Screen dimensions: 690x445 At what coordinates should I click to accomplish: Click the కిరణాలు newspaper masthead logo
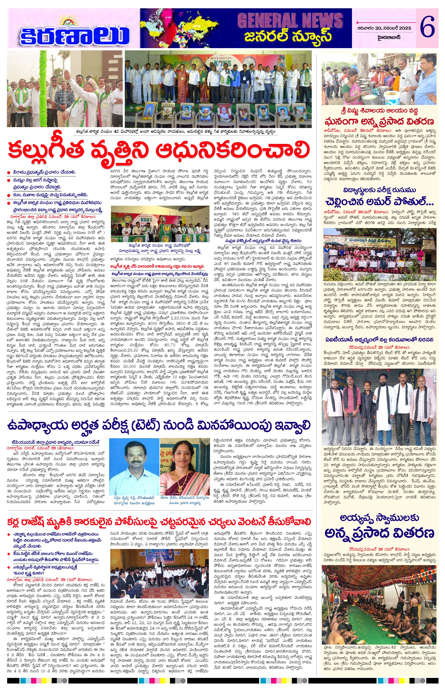pos(74,33)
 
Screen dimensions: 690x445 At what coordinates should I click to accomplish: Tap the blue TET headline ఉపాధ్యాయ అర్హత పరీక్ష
pos(159,425)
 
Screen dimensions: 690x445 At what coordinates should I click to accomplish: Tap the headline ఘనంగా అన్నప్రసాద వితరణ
pos(379,121)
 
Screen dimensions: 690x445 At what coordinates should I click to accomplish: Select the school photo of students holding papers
pos(379,254)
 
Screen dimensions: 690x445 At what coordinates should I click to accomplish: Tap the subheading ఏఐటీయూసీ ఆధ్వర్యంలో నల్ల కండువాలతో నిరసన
pos(379,339)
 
